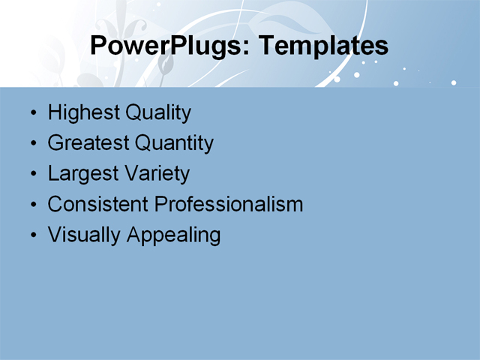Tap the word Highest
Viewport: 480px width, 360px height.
(83, 113)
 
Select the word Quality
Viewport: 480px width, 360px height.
(158, 113)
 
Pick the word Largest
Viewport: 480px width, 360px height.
(82, 174)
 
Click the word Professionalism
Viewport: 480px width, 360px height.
(229, 204)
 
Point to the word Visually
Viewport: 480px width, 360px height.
(85, 235)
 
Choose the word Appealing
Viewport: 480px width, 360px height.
(174, 235)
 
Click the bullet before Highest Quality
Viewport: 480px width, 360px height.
(32, 114)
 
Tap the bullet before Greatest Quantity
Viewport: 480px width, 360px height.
(32, 144)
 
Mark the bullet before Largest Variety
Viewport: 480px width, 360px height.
(32, 175)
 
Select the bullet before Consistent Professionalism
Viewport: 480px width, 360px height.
(32, 205)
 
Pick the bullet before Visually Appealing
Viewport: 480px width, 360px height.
(32, 235)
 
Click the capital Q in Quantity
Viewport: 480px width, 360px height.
(143, 142)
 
